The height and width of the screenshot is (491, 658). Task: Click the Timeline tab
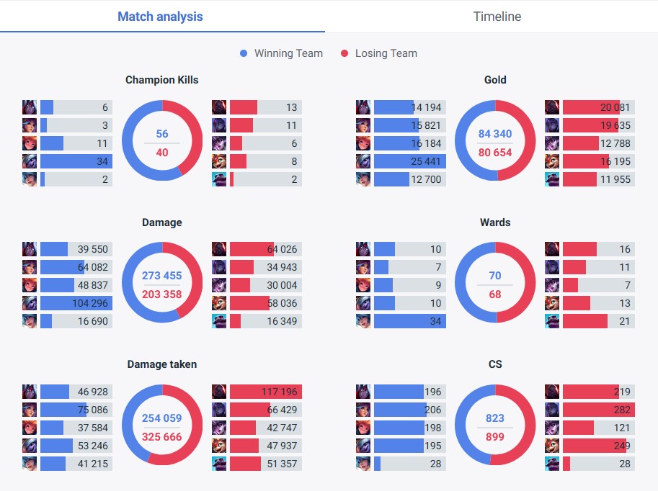[x=497, y=17]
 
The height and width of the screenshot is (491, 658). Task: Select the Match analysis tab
[x=160, y=17]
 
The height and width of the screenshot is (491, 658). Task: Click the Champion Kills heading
[x=161, y=80]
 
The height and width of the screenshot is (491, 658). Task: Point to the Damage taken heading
[x=161, y=365]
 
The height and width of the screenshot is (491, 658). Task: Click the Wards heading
[x=495, y=222]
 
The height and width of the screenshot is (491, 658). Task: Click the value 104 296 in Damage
[x=90, y=304]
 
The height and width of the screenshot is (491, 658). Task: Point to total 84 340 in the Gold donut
[x=495, y=134]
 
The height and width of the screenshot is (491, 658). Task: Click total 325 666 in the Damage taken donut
[x=161, y=437]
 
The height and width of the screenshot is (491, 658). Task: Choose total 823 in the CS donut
[x=495, y=418]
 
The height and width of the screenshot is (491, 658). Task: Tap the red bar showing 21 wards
[x=585, y=322]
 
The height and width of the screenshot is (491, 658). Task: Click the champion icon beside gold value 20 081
[x=552, y=107]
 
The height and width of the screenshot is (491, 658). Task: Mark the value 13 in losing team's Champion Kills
[x=291, y=107]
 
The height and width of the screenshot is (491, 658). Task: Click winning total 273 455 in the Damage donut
[x=161, y=276]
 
